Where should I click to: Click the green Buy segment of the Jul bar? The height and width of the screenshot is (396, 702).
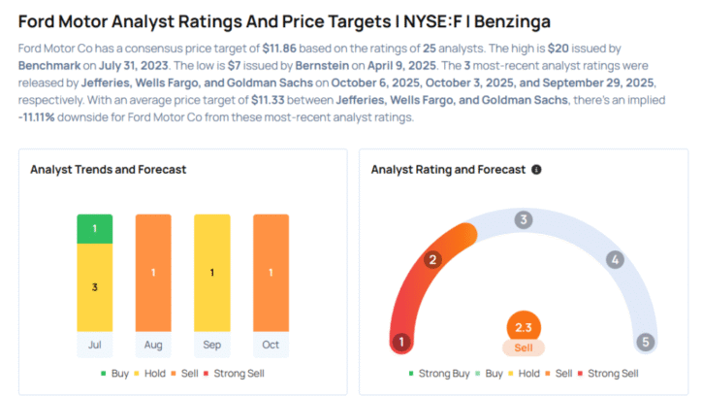click(95, 229)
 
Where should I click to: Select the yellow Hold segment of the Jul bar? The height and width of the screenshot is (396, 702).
click(95, 287)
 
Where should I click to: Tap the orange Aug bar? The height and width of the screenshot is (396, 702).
click(153, 273)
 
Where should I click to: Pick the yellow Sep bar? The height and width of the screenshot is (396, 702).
click(211, 273)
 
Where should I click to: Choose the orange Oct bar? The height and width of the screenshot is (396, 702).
click(271, 273)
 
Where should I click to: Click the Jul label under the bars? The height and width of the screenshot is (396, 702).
click(95, 345)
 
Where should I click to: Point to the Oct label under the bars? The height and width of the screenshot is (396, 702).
click(271, 345)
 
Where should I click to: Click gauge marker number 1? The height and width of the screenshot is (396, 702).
click(399, 342)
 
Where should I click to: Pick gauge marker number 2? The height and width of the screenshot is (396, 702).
click(433, 259)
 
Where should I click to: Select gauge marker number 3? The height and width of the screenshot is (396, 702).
click(524, 219)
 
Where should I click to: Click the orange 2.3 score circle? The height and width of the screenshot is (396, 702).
click(524, 328)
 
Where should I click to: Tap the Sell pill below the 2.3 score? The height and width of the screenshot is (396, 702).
click(524, 347)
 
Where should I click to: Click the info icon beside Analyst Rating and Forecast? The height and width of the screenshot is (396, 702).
click(536, 169)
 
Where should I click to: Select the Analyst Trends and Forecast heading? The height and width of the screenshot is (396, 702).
click(108, 169)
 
